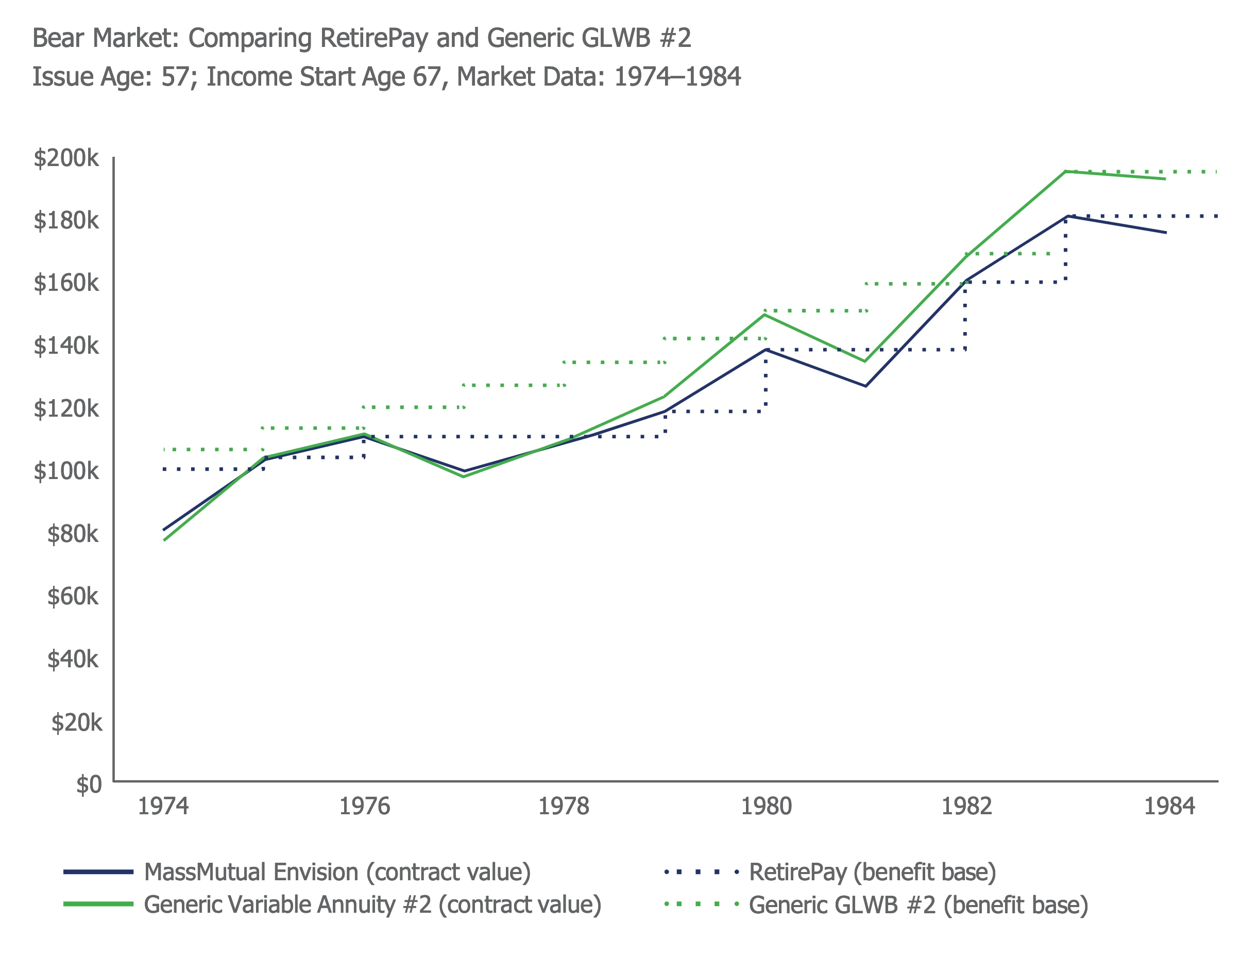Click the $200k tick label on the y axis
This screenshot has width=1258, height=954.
point(66,158)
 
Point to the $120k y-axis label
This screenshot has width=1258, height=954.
point(66,409)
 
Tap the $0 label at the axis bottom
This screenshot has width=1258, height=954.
point(89,784)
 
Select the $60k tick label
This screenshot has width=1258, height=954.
point(72,597)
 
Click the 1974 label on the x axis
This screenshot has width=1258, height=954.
point(163,807)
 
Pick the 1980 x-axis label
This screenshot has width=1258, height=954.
point(766,807)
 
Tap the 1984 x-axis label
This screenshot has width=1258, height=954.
point(1169,807)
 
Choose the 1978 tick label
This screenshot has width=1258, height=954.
point(564,807)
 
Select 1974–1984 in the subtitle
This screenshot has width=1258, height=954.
point(677,77)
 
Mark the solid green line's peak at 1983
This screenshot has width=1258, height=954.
point(1065,171)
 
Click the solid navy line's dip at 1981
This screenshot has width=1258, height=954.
point(865,386)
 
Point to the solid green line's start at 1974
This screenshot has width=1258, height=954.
point(164,539)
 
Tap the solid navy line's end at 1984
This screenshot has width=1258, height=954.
point(1165,232)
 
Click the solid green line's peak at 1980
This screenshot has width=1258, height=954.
point(764,315)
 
